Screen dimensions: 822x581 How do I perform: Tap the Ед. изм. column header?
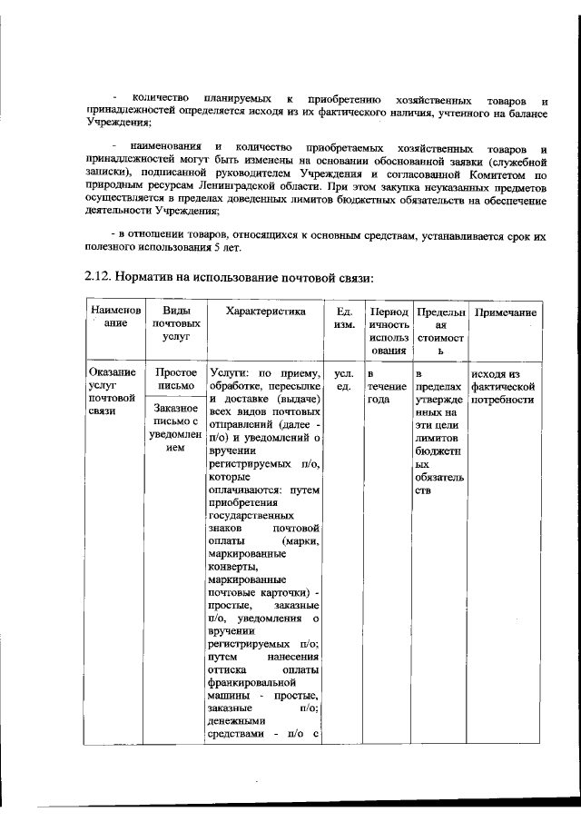pyautogui.click(x=344, y=318)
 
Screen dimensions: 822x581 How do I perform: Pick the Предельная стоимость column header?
pyautogui.click(x=439, y=331)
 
